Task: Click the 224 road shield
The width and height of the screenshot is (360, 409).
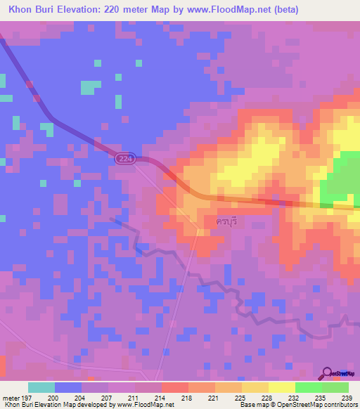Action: tap(125, 161)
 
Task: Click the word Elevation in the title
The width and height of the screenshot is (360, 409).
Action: tap(85, 10)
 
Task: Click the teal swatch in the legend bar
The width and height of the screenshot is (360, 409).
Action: tap(41, 387)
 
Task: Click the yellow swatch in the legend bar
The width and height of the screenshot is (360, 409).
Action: tap(281, 387)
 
